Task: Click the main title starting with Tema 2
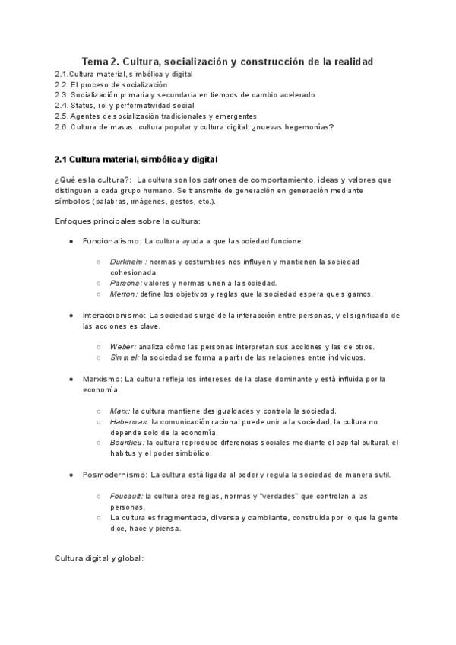click(x=227, y=61)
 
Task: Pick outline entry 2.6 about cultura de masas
click(x=194, y=126)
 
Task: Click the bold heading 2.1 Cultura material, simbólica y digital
click(x=136, y=160)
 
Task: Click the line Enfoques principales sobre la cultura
click(x=127, y=221)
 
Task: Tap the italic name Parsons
click(x=125, y=283)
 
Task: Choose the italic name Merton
click(x=123, y=294)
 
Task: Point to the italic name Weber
click(x=123, y=347)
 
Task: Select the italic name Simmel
click(x=125, y=357)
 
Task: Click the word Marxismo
click(x=102, y=379)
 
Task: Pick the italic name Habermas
click(x=130, y=421)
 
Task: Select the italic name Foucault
click(x=127, y=496)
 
